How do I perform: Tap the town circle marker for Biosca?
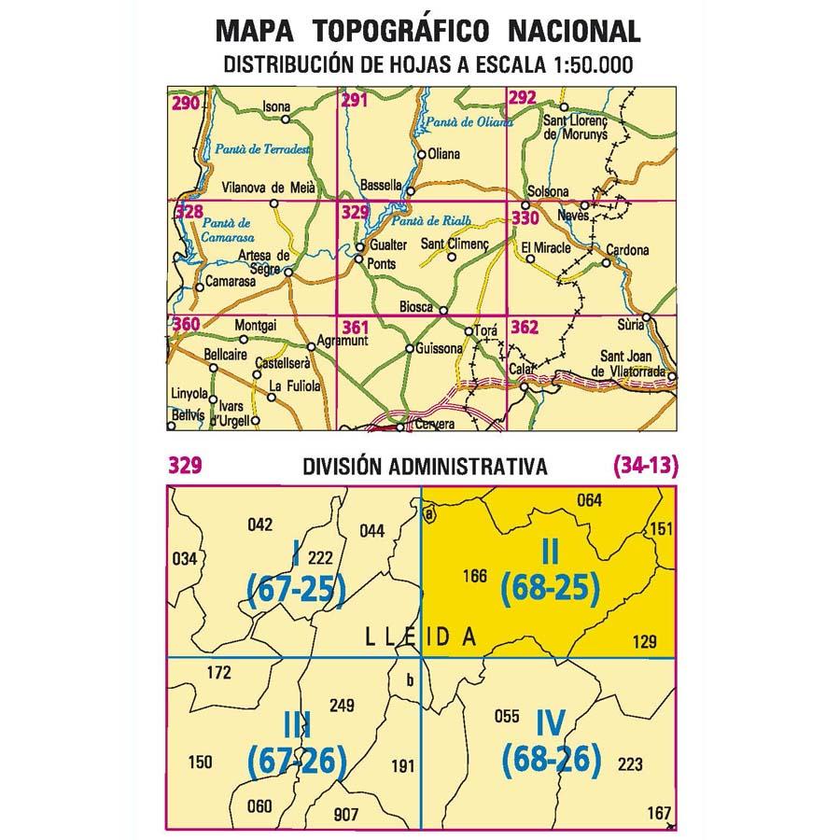coord(444,311)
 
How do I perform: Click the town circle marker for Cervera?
coord(400,428)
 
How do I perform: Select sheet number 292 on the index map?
coord(523,98)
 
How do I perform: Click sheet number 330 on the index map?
coord(525,218)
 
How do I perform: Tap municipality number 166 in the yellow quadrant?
coord(474,577)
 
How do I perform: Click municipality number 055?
coord(507,717)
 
